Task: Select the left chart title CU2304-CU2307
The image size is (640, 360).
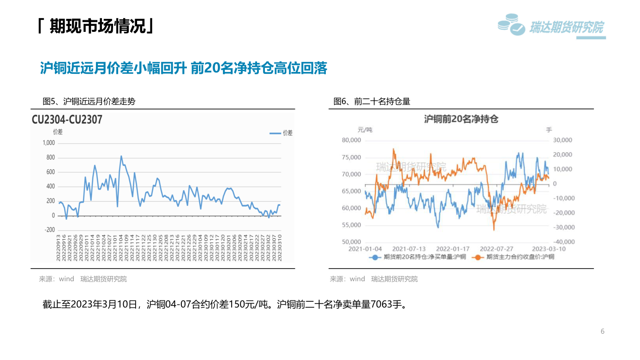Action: (67, 120)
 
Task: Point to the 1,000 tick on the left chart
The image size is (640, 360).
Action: (48, 143)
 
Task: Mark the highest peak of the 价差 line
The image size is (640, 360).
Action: (121, 156)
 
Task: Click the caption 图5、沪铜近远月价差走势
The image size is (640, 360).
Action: (89, 102)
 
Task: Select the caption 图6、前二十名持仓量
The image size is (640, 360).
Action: (372, 102)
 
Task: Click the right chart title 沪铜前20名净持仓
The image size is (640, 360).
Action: (461, 119)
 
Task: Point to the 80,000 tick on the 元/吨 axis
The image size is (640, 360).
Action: (351, 140)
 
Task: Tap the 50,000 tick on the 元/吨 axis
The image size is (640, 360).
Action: (351, 242)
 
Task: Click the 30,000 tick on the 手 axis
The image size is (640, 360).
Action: (562, 140)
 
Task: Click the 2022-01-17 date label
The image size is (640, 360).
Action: (453, 249)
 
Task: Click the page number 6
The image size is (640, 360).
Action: (602, 331)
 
